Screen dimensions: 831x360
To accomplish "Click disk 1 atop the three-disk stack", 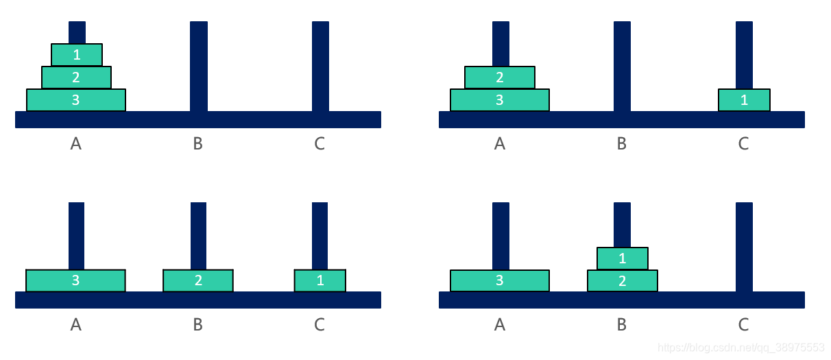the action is click(x=76, y=55).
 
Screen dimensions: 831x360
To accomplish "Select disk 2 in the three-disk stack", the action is click(x=76, y=77).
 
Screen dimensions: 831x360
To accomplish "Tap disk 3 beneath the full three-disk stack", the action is click(x=75, y=100).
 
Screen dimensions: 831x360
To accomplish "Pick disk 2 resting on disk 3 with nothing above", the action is click(x=500, y=77).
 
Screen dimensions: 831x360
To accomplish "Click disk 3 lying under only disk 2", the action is click(x=500, y=100).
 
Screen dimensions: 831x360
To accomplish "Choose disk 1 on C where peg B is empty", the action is click(x=744, y=100).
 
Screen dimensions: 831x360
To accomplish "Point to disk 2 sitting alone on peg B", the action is click(x=198, y=280).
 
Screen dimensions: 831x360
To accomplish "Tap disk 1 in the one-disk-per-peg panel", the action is click(x=320, y=280).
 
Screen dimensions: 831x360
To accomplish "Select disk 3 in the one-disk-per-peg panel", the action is click(x=75, y=280).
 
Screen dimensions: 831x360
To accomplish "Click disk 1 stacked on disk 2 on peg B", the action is click(x=622, y=259).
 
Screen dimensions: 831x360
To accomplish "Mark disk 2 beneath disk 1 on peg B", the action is click(x=622, y=280).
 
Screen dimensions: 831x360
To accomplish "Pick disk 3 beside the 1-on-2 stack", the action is click(x=500, y=280).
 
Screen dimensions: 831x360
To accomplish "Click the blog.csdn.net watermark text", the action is click(x=740, y=348).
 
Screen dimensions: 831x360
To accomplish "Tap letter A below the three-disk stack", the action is click(x=76, y=144).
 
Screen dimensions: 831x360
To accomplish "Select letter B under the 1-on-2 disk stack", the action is click(x=622, y=324).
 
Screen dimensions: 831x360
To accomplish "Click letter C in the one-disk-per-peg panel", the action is click(x=320, y=324).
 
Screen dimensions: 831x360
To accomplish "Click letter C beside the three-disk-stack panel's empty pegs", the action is click(x=320, y=144).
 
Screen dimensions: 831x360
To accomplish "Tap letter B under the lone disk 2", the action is click(x=198, y=324).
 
